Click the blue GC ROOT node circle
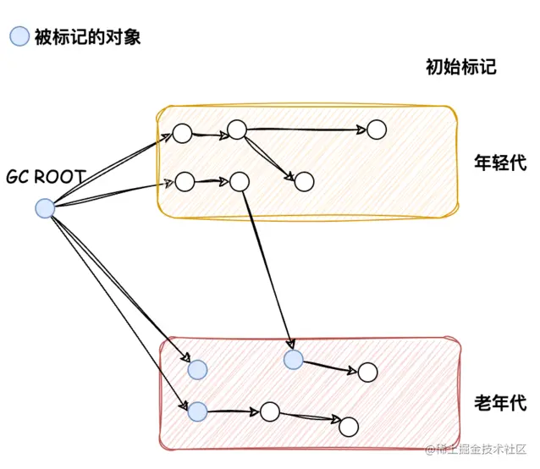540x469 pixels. (x=44, y=208)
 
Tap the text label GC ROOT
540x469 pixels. (x=46, y=177)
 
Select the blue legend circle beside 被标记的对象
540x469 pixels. (x=19, y=36)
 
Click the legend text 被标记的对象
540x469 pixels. (x=87, y=36)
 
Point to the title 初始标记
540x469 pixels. (x=460, y=69)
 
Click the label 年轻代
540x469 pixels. (x=499, y=163)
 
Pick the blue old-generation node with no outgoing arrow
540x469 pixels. (x=197, y=369)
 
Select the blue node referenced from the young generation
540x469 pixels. (x=293, y=360)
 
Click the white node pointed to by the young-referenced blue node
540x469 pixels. (x=367, y=372)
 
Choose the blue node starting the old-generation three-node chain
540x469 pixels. (x=197, y=411)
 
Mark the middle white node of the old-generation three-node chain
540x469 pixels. (x=269, y=411)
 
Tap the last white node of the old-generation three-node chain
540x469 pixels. (x=349, y=425)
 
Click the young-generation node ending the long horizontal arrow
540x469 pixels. (x=376, y=130)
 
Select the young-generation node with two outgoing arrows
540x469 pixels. (x=236, y=130)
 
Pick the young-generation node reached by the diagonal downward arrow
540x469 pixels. (x=305, y=181)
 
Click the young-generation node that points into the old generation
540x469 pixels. (x=239, y=181)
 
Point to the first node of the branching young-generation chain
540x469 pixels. (x=182, y=133)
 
